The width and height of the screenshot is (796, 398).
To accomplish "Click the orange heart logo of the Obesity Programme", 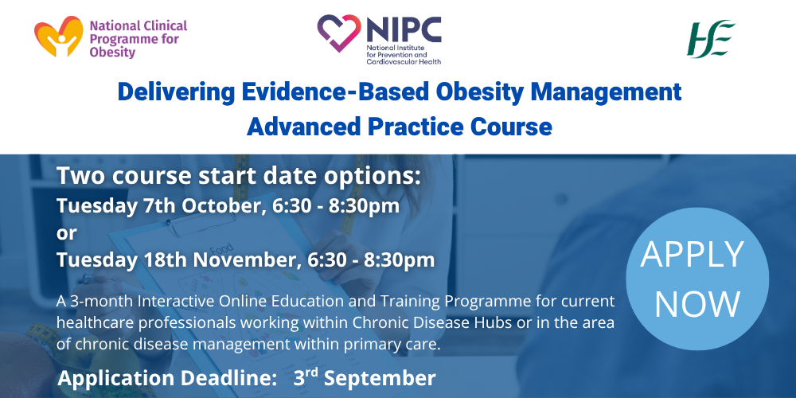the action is pos(58,37).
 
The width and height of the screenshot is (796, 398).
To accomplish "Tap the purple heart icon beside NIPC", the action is pos(339,33).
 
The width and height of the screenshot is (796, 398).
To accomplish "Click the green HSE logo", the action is pos(711,38).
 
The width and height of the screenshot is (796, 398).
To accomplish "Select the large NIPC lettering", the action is pos(404,30).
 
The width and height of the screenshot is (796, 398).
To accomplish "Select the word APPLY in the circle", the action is pos(692,254).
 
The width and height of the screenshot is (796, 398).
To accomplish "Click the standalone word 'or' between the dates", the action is pos(67,234).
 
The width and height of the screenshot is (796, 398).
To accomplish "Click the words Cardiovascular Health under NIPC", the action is pos(404,61).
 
